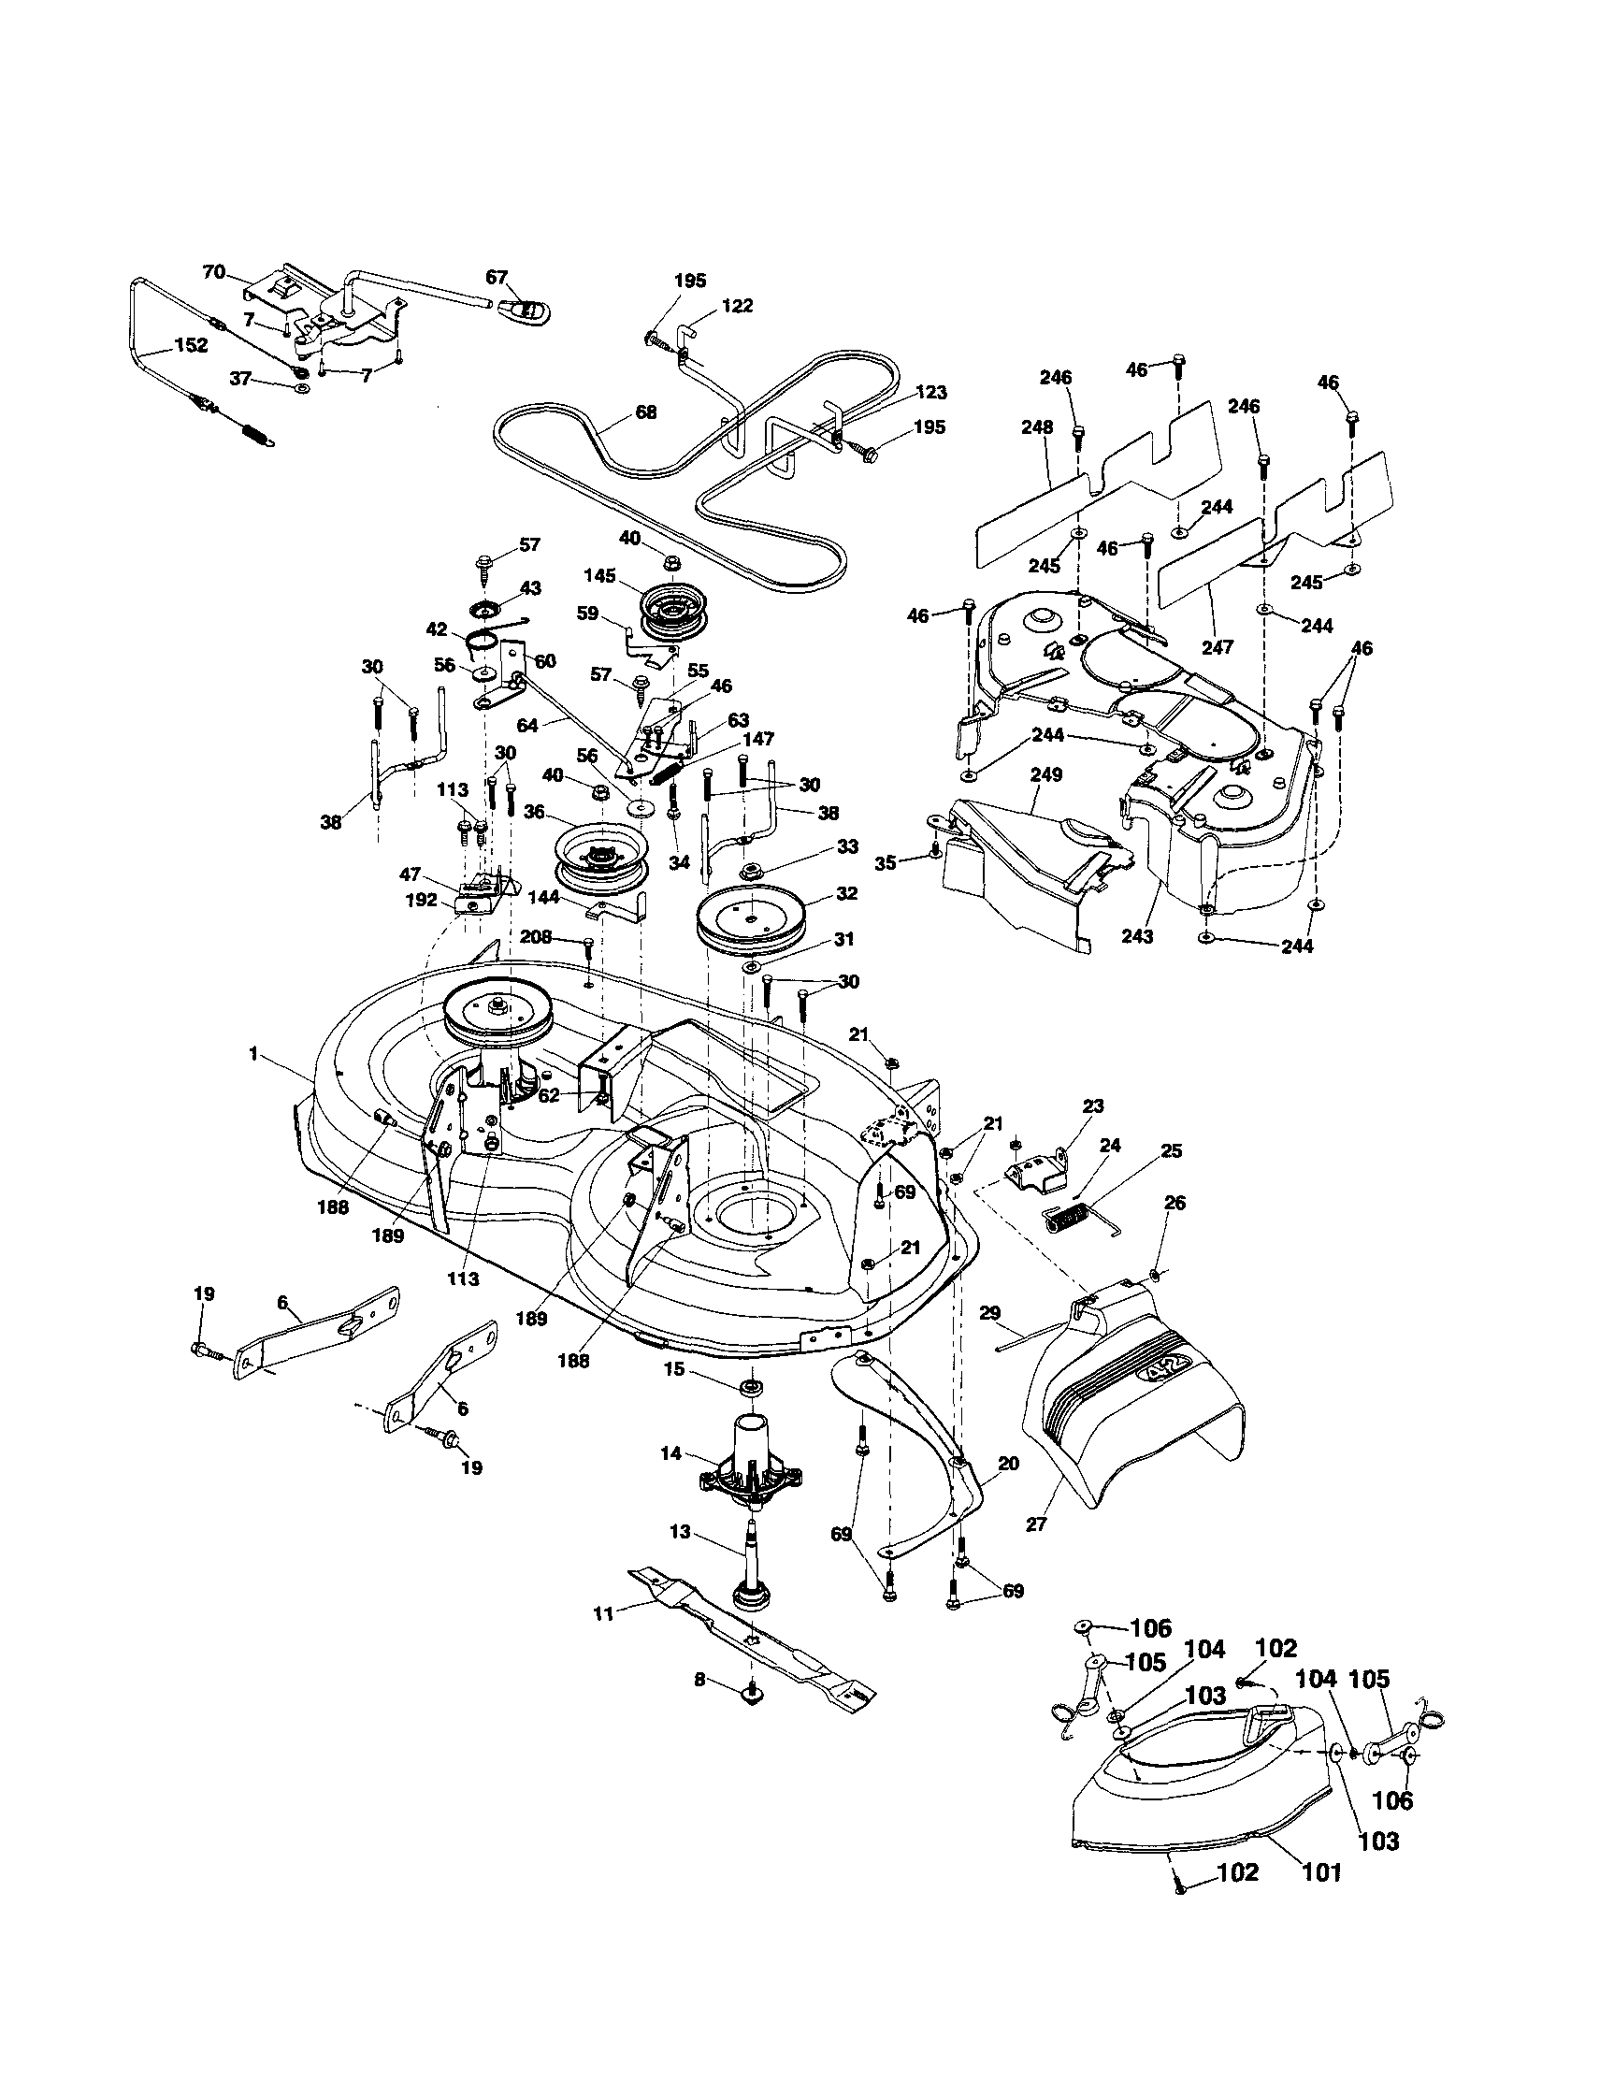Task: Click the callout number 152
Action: click(192, 346)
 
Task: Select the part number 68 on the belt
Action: click(645, 413)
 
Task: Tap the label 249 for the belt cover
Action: click(1045, 775)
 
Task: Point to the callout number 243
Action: click(1137, 937)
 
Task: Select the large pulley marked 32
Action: click(750, 916)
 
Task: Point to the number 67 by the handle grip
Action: click(497, 277)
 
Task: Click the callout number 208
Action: click(536, 937)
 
